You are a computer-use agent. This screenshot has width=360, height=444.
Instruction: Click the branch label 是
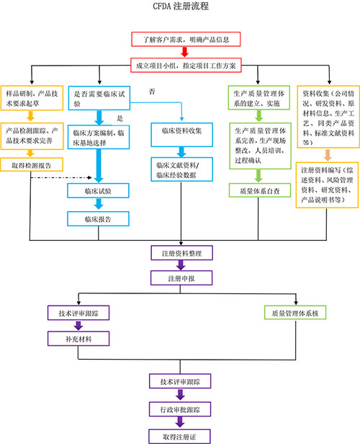point(121,117)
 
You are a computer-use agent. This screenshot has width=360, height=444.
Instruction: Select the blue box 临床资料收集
point(181,130)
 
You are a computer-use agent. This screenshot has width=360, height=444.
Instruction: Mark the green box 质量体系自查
point(257,191)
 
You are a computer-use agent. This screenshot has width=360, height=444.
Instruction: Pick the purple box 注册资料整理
point(181,253)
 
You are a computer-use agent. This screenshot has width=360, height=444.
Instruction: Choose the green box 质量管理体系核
point(296,314)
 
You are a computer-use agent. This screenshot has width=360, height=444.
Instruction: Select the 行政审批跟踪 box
point(180,409)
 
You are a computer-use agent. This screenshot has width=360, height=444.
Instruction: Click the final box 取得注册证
point(180,435)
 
